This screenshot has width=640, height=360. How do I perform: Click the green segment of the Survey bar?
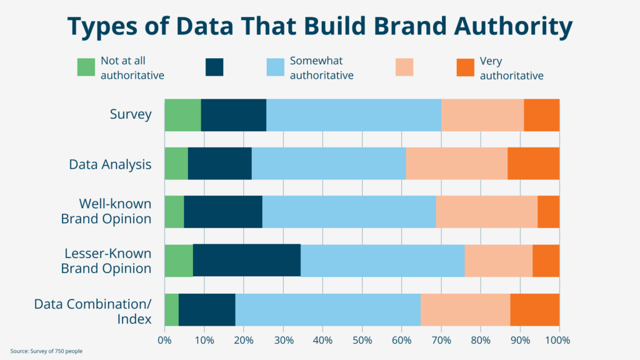click(x=182, y=115)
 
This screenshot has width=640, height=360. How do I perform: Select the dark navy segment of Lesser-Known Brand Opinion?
click(x=247, y=261)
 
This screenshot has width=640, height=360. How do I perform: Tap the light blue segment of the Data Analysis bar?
click(x=329, y=164)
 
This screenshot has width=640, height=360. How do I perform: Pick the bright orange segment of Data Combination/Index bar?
click(x=534, y=309)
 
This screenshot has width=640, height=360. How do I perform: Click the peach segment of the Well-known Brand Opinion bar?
click(x=486, y=212)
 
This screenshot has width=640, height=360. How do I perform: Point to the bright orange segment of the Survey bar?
click(x=541, y=115)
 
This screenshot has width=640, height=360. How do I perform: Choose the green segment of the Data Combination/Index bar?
click(x=171, y=309)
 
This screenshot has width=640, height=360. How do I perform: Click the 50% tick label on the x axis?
click(x=362, y=341)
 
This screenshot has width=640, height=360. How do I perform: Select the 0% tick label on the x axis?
click(x=164, y=341)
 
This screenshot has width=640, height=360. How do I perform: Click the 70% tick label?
click(x=441, y=341)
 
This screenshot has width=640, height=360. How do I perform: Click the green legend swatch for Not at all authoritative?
click(x=86, y=67)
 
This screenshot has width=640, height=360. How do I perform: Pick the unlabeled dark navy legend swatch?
click(x=214, y=67)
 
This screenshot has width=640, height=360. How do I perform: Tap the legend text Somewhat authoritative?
click(x=321, y=68)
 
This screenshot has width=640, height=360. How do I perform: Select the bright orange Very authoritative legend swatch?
click(x=466, y=67)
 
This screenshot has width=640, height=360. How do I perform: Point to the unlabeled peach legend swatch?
click(x=405, y=67)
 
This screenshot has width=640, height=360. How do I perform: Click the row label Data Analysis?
click(x=110, y=164)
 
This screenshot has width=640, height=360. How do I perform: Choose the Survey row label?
click(x=131, y=114)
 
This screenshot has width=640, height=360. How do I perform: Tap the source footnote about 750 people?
click(x=47, y=351)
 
